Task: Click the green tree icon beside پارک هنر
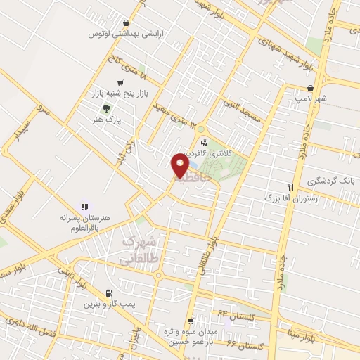pyautogui.click(x=106, y=108)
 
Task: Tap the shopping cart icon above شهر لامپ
pyautogui.click(x=310, y=88)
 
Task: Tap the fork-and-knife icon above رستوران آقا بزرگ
pyautogui.click(x=290, y=187)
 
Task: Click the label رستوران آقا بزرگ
pyautogui.click(x=286, y=199)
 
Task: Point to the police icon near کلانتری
pyautogui.click(x=204, y=143)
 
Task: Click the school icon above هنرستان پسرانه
pyautogui.click(x=84, y=207)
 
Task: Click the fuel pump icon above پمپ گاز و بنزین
pyautogui.click(x=108, y=294)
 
